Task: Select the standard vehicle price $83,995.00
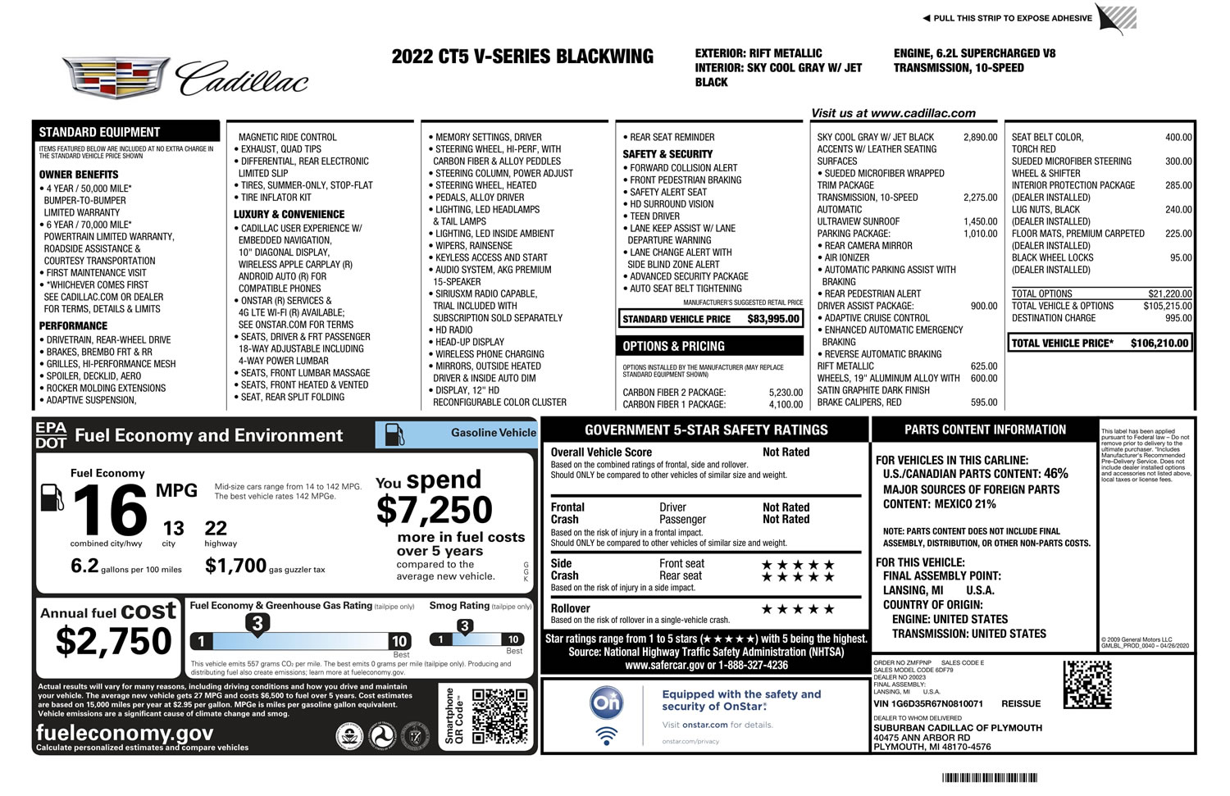[x=772, y=319]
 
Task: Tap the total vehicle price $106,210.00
[x=1159, y=343]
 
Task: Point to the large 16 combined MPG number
[x=111, y=511]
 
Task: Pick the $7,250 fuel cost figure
[x=434, y=510]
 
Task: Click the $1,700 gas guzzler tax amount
[x=235, y=566]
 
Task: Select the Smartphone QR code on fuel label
[x=499, y=716]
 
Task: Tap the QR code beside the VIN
[x=1087, y=685]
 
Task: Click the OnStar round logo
[x=607, y=703]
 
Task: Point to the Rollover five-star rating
[x=797, y=609]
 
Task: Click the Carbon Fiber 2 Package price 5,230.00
[x=786, y=393]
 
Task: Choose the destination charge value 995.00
[x=1178, y=318]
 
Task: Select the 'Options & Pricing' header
[x=673, y=346]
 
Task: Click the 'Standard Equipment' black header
[x=99, y=132]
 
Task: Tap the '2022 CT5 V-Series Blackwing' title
[x=522, y=57]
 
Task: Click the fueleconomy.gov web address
[x=125, y=732]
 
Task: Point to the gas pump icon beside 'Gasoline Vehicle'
[x=394, y=434]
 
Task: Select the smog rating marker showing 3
[x=464, y=626]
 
